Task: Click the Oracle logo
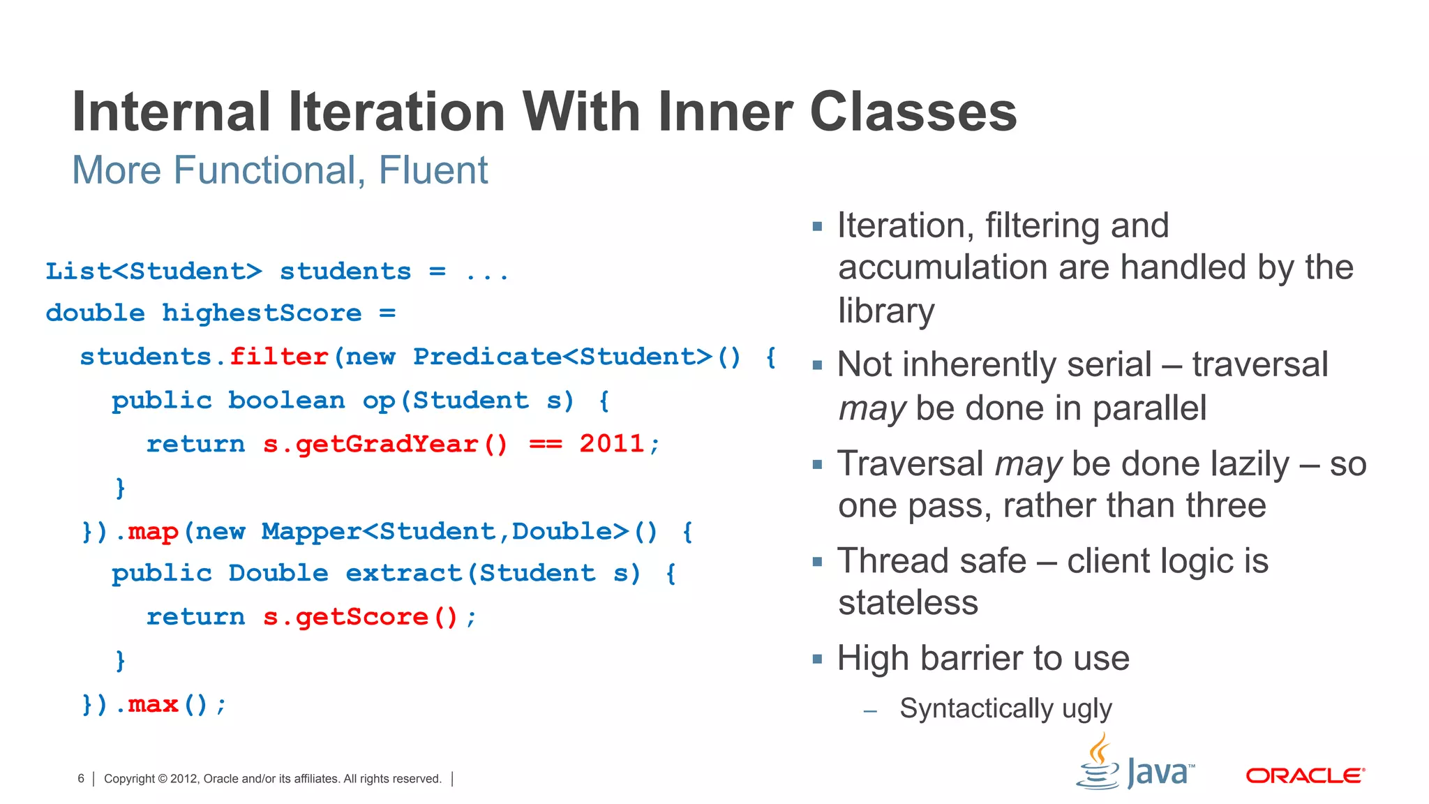[x=1305, y=775]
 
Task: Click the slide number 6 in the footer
[x=81, y=779]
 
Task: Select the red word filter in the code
[x=279, y=357]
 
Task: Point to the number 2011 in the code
[x=611, y=444]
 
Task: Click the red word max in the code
[x=153, y=704]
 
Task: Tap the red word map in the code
[x=153, y=532]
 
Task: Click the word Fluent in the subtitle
[x=433, y=170]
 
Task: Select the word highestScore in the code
[x=262, y=313]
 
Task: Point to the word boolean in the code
[x=286, y=401]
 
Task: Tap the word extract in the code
[x=403, y=574]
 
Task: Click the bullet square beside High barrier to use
[x=818, y=659]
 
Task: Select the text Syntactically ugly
[x=1005, y=708]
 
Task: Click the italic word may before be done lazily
[x=1028, y=464]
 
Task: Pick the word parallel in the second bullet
[x=1149, y=408]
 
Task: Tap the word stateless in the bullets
[x=908, y=602]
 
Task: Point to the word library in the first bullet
[x=886, y=311]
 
